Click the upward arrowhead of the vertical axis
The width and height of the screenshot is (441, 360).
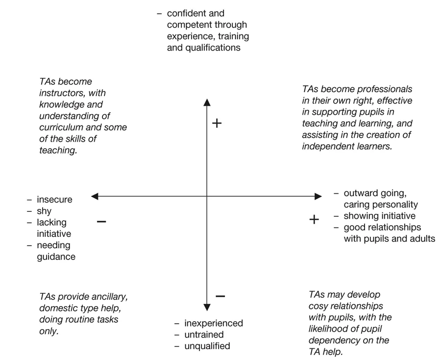click(207, 102)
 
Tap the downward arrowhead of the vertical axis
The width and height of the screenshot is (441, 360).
click(207, 307)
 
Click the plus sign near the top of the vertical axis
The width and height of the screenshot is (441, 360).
click(217, 123)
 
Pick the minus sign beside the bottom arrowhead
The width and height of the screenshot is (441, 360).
click(220, 296)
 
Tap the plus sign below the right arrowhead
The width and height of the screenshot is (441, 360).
click(314, 219)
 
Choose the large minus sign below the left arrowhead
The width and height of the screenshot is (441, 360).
click(101, 221)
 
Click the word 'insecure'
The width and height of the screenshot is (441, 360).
click(54, 200)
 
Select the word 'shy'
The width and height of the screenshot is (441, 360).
click(44, 211)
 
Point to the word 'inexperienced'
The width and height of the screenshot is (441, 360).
click(214, 323)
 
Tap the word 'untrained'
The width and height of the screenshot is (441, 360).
click(204, 334)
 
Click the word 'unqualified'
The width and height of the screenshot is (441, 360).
click(207, 346)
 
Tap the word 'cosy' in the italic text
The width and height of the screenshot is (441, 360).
click(318, 306)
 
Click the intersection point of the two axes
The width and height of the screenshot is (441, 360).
click(207, 196)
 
